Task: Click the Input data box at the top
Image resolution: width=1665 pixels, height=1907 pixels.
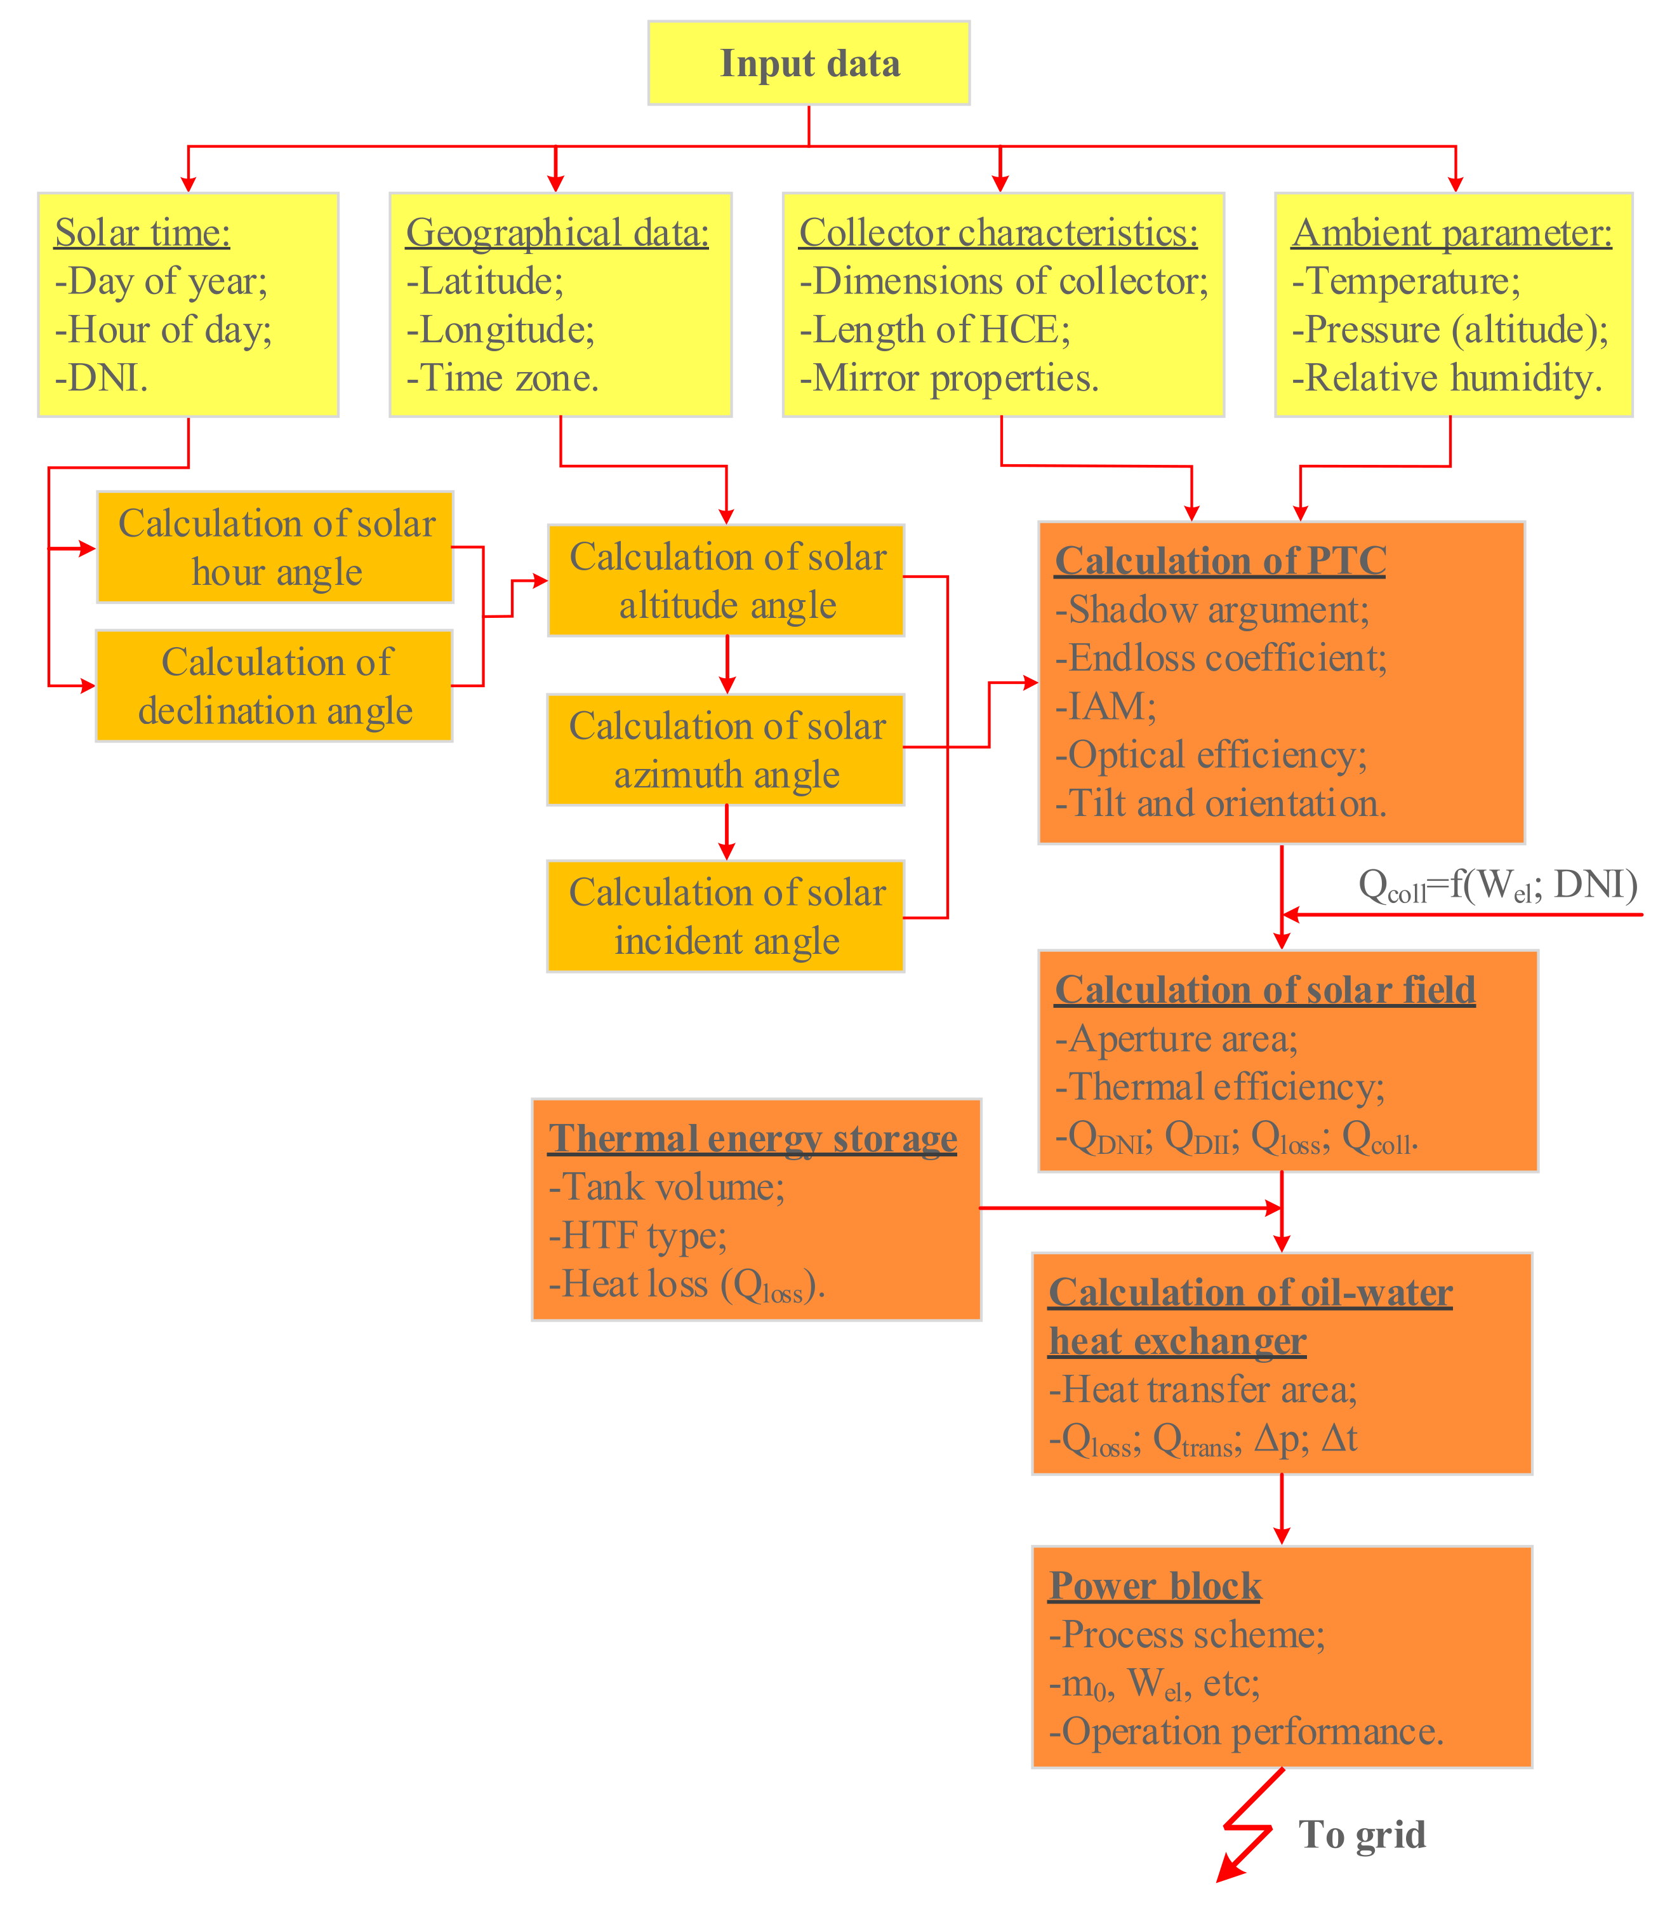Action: pos(808,64)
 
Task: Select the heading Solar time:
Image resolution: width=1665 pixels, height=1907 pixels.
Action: pos(142,232)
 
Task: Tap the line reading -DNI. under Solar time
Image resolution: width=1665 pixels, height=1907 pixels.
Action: pos(102,377)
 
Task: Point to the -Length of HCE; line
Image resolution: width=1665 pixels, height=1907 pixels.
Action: pos(935,329)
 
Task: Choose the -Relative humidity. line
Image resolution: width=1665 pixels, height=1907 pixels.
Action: pos(1447,377)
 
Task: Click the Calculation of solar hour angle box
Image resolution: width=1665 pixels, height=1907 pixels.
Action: pos(276,547)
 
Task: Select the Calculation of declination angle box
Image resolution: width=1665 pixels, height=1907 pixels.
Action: pos(275,686)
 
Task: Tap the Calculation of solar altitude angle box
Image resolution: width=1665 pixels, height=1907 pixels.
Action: pos(727,580)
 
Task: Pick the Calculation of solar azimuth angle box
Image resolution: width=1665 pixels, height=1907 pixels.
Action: pos(727,749)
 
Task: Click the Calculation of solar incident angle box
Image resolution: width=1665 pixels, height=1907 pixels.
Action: pos(727,916)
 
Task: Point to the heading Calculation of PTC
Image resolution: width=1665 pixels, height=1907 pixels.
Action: pos(1220,560)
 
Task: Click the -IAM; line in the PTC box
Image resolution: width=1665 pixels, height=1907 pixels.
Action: pos(1106,706)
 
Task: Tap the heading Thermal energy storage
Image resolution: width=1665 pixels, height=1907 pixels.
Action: pos(753,1139)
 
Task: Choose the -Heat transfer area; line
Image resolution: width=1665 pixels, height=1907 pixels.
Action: pos(1202,1389)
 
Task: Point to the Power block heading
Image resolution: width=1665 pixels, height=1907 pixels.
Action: pos(1155,1586)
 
